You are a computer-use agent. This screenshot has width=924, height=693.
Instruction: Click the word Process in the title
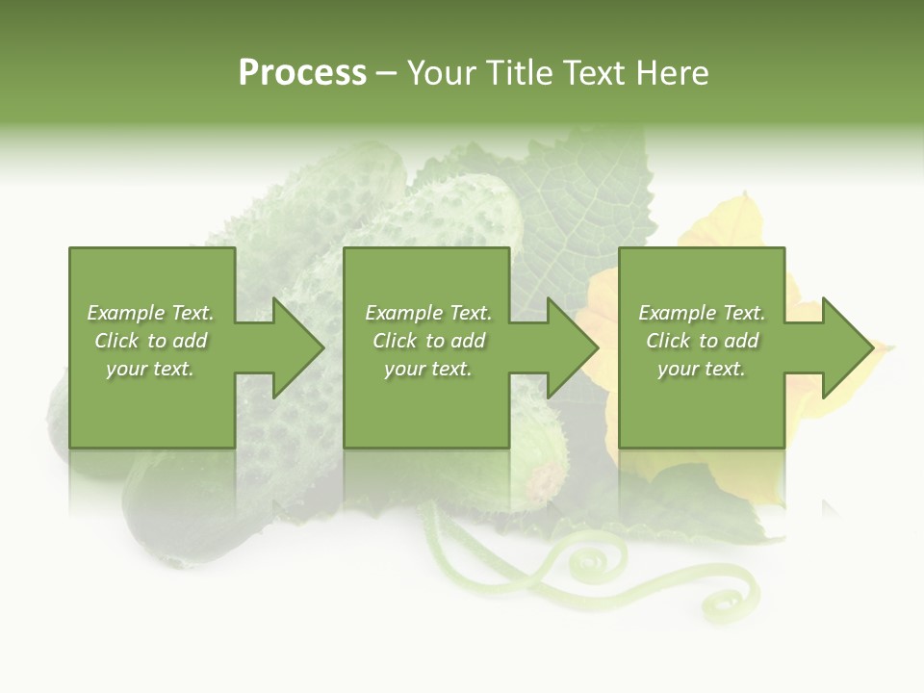pyautogui.click(x=302, y=73)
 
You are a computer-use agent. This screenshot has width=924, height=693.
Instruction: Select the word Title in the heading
pyautogui.click(x=519, y=73)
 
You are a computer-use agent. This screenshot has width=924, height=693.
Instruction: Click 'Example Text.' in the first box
pyautogui.click(x=151, y=313)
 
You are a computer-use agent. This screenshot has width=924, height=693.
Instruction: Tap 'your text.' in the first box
pyautogui.click(x=151, y=369)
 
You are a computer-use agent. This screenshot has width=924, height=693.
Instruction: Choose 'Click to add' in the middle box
pyautogui.click(x=428, y=341)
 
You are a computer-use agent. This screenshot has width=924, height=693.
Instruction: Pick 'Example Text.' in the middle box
pyautogui.click(x=428, y=313)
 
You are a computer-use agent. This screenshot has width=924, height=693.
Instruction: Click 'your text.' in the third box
pyautogui.click(x=702, y=369)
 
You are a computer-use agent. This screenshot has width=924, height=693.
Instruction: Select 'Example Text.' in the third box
pyautogui.click(x=702, y=313)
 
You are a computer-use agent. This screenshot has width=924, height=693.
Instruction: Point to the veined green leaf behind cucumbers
pyautogui.click(x=587, y=192)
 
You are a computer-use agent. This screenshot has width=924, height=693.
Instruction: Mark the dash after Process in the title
pyautogui.click(x=387, y=73)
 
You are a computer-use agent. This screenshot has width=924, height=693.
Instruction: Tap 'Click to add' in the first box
pyautogui.click(x=151, y=341)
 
